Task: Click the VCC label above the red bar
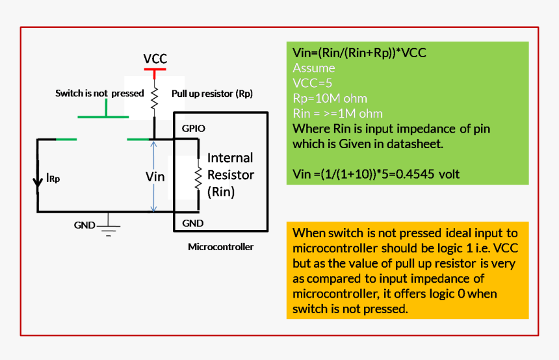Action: click(155, 59)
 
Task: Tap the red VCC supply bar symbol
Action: click(155, 69)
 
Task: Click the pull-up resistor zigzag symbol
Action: click(155, 98)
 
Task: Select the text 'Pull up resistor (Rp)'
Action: click(212, 94)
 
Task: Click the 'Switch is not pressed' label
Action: click(99, 94)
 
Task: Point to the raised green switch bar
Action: click(103, 117)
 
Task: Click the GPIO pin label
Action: click(193, 129)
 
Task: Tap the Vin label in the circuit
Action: click(155, 176)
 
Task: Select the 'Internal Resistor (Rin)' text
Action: click(230, 175)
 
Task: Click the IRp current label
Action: click(53, 177)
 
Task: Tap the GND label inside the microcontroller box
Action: click(193, 223)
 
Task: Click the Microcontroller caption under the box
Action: click(220, 247)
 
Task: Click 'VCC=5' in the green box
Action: click(313, 83)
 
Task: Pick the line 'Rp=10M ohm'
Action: click(330, 98)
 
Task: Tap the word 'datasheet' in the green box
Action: click(415, 144)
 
